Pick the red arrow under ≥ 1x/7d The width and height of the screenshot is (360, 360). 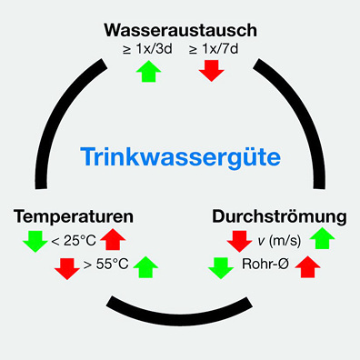pos(211,71)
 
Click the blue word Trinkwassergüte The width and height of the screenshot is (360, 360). pos(179,157)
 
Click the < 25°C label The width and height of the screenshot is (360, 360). pos(73,241)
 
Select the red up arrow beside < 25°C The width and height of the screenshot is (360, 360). pos(112,240)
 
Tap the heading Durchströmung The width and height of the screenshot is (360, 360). pos(279,217)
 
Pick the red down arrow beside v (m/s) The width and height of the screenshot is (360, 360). pos(239,241)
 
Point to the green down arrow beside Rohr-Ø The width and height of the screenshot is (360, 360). pos(220,267)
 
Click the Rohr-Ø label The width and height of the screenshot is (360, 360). pos(265,267)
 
